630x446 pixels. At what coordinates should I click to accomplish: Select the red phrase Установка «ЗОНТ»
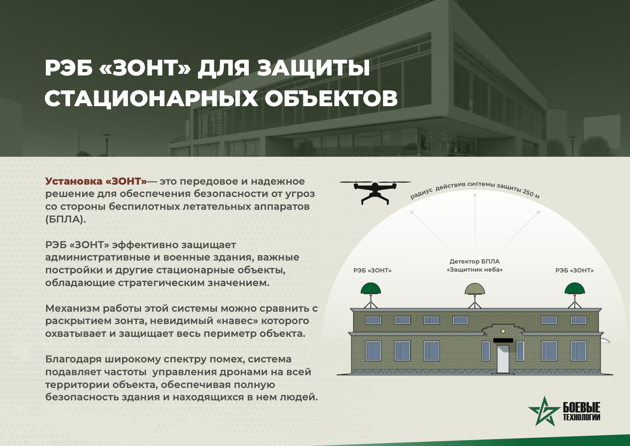click(x=96, y=181)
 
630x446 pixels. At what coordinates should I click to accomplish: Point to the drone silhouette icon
click(x=375, y=193)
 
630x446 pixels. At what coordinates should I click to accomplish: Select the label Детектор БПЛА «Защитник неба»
click(x=475, y=266)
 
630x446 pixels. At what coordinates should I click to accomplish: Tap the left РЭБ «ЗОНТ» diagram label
click(x=373, y=270)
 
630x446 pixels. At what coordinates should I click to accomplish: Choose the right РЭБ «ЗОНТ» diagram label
click(x=574, y=270)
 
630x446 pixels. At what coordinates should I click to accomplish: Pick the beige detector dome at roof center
click(x=475, y=289)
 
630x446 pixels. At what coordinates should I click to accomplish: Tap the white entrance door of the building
click(x=503, y=359)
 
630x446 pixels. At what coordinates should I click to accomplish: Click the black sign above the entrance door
click(x=503, y=341)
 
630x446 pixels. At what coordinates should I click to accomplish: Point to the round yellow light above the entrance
click(x=503, y=331)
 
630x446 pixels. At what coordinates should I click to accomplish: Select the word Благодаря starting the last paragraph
click(x=73, y=360)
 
